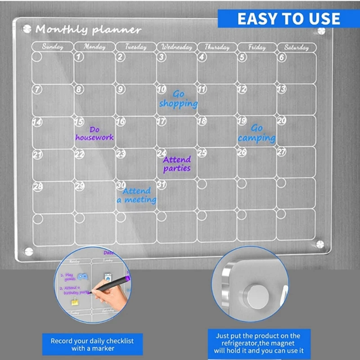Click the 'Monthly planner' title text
pos(88,30)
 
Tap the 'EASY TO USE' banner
pos(288,19)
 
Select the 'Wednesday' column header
pos(176,47)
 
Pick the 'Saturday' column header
pos(297,47)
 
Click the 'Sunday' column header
pos(52,47)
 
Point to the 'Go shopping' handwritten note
pos(178,99)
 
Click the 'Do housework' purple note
pos(94,134)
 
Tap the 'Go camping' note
pos(256,133)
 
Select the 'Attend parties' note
pos(176,164)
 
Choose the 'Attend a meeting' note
pos(137,195)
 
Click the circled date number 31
pos(162,185)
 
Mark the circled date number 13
pos(282,89)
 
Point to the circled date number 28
pos(38,186)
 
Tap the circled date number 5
pos(243,57)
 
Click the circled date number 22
pos(80,154)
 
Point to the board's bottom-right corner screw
pos(320,244)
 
